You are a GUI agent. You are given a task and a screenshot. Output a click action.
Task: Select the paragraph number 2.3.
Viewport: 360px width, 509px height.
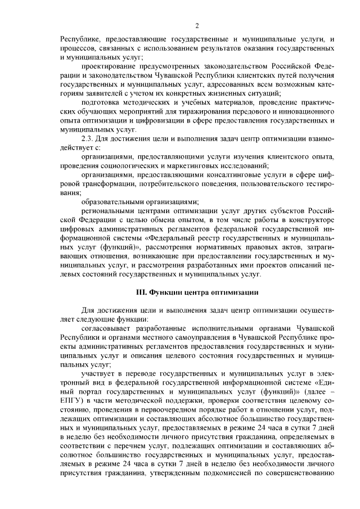point(89,138)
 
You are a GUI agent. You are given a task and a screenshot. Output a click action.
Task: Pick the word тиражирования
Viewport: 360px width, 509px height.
point(200,112)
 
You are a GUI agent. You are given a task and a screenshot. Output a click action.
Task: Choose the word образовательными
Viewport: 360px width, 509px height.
point(111,201)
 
